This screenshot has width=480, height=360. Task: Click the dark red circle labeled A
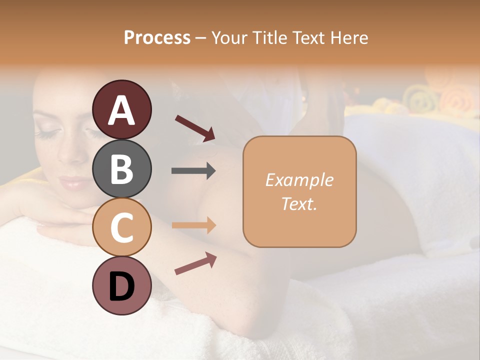click(x=122, y=109)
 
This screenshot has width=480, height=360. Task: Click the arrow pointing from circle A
click(x=195, y=128)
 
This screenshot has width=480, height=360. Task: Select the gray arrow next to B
click(x=193, y=171)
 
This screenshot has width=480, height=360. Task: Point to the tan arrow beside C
click(x=193, y=225)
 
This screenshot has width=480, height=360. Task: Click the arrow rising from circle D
click(x=195, y=263)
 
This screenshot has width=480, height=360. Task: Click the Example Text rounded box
click(x=299, y=191)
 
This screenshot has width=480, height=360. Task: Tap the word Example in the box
click(x=299, y=180)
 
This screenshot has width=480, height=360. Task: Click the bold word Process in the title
click(x=157, y=37)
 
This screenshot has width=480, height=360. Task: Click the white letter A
click(x=122, y=110)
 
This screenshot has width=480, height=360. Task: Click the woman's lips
click(x=74, y=183)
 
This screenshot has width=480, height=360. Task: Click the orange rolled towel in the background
click(x=457, y=100)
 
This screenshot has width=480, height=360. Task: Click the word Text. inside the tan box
click(x=299, y=203)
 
